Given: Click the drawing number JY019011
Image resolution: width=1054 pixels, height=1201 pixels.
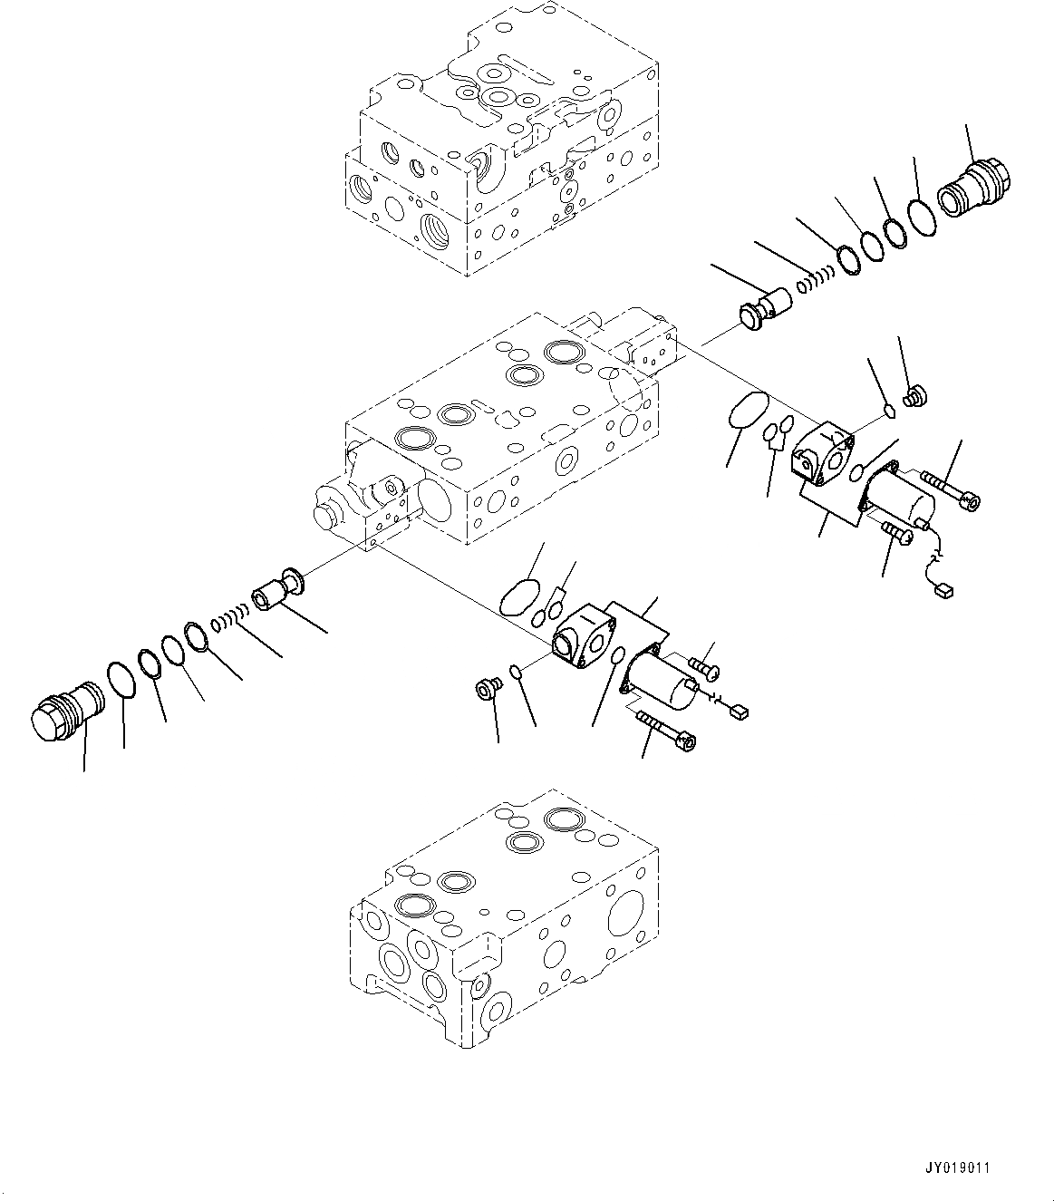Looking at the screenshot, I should [958, 1167].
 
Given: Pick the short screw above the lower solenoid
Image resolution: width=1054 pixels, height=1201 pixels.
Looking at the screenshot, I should [704, 669].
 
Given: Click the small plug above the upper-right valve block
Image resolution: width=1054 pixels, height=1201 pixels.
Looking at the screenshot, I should [915, 394].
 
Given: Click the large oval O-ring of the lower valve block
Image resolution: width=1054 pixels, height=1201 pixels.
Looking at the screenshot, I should [519, 599].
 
